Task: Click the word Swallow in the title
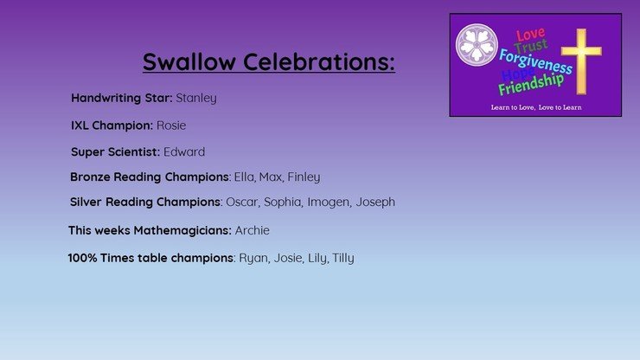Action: (189, 61)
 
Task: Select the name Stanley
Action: (196, 99)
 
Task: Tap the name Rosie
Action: (171, 125)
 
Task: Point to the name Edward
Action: (184, 151)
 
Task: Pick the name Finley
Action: (304, 177)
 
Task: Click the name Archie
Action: (253, 230)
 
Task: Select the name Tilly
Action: (343, 258)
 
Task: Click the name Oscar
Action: (242, 202)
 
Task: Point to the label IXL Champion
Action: (112, 125)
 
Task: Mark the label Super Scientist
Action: (115, 151)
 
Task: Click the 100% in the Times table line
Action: (82, 258)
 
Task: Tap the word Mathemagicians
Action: (182, 230)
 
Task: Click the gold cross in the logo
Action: (581, 61)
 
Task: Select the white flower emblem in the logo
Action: (477, 44)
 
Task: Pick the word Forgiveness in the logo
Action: (535, 62)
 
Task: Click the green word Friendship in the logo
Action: (531, 84)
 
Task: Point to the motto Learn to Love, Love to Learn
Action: (536, 107)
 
